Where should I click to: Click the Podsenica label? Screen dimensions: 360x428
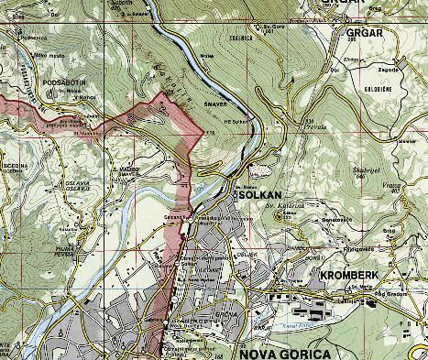click(x=31, y=38)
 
